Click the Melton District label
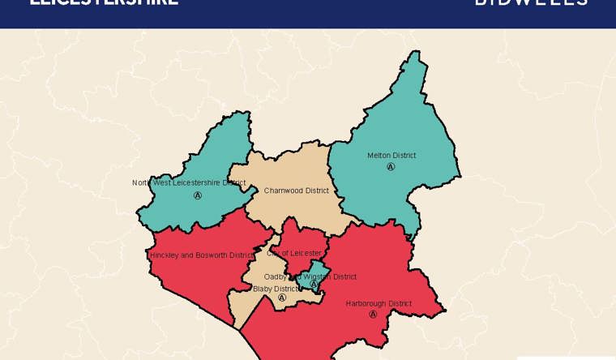point(391,156)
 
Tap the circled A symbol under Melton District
point(391,167)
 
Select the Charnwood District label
point(297,191)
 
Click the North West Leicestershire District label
point(189,183)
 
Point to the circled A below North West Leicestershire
point(197,195)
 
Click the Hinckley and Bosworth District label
point(202,255)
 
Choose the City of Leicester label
point(294,254)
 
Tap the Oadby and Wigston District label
point(310,276)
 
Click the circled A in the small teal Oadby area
point(314,285)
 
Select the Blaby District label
point(276,289)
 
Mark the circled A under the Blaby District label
point(282,298)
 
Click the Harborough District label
point(379,304)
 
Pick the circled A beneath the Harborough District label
point(373,315)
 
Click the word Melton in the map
point(379,156)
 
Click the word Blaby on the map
point(263,289)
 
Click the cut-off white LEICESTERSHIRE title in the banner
point(104,3)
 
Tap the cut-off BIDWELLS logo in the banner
point(531,3)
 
